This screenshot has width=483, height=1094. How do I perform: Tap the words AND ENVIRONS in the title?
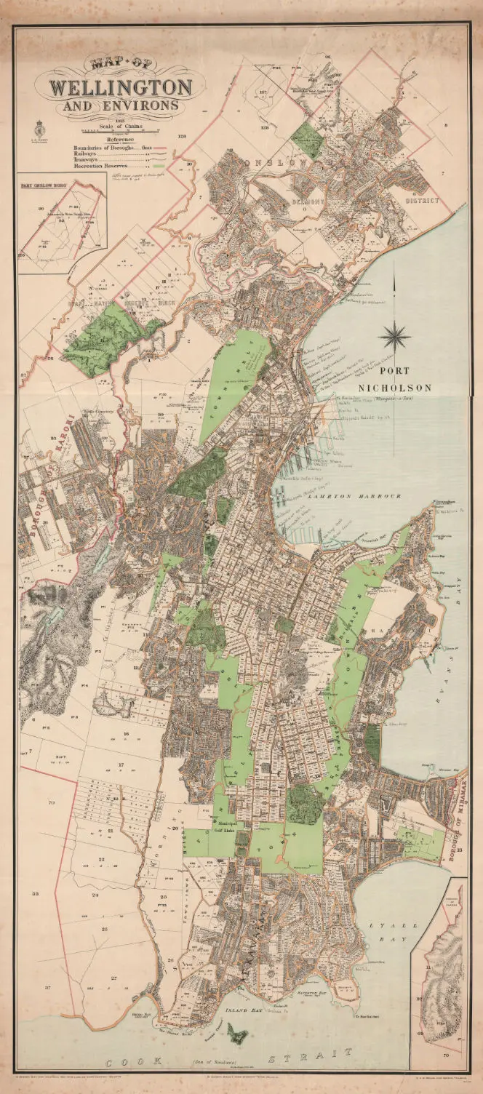click(x=121, y=106)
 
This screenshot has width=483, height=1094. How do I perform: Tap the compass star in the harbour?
click(x=394, y=336)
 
